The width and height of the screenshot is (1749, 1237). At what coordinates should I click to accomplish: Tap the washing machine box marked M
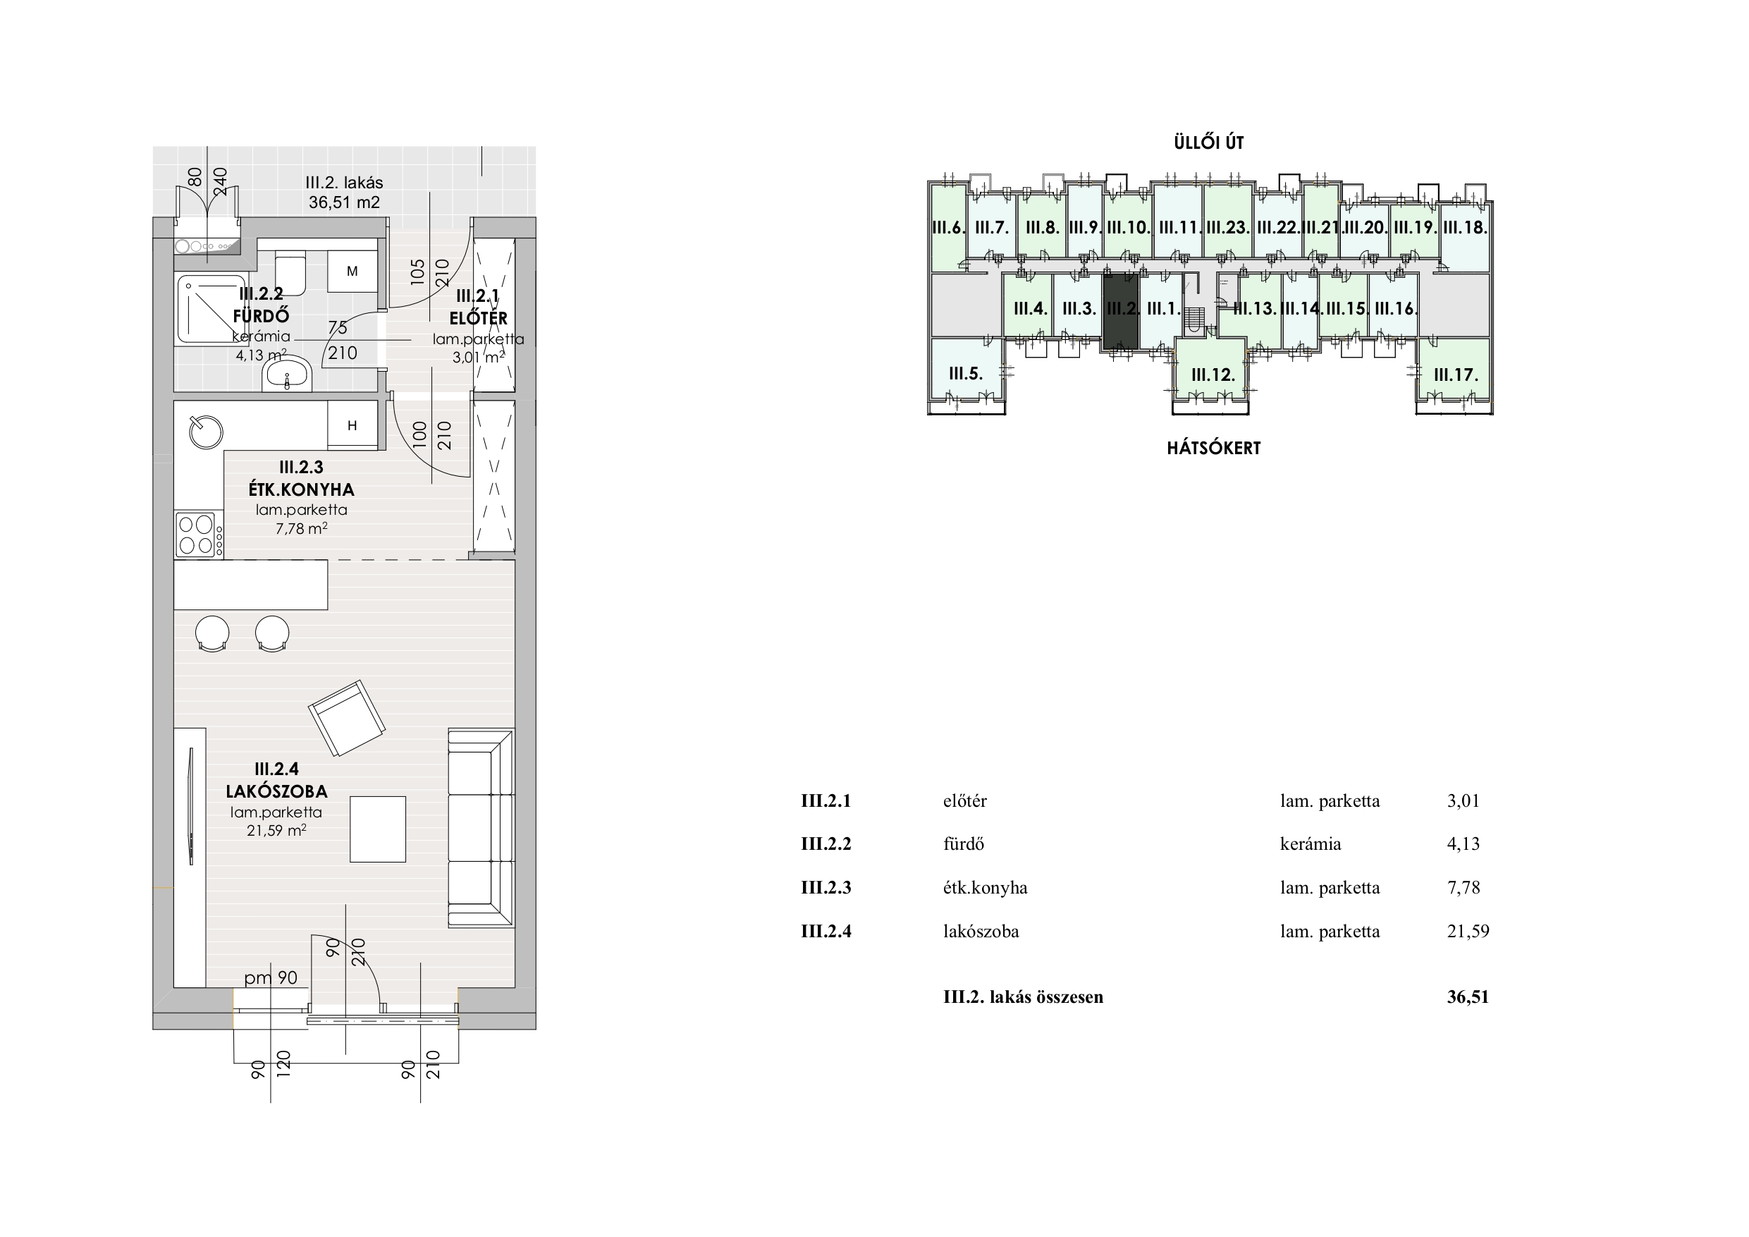click(x=352, y=271)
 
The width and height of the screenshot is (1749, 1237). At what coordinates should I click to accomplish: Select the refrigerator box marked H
click(x=352, y=425)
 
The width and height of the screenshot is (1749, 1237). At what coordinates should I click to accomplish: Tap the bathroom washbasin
click(x=287, y=374)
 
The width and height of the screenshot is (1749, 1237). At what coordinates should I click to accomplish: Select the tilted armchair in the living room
click(x=347, y=718)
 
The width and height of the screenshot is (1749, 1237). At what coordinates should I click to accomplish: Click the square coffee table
click(x=378, y=829)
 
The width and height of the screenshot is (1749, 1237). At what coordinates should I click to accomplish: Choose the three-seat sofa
click(x=481, y=828)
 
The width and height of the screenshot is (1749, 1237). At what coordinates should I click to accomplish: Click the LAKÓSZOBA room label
click(x=276, y=791)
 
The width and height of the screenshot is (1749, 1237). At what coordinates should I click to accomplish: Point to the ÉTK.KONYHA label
click(x=301, y=489)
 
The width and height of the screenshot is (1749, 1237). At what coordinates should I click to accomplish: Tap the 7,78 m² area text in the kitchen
click(x=302, y=528)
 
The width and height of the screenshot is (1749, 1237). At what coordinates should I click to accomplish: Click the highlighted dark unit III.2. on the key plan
click(x=1121, y=311)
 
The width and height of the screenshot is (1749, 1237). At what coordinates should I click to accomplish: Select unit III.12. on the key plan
click(x=1212, y=375)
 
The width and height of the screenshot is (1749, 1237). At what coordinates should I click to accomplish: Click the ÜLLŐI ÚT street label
click(x=1209, y=142)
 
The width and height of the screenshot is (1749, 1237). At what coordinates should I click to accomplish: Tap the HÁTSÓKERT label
click(x=1213, y=448)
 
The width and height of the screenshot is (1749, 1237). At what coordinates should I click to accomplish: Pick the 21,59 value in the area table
click(x=1468, y=932)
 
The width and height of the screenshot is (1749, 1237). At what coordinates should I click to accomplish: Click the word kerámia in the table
click(x=1311, y=843)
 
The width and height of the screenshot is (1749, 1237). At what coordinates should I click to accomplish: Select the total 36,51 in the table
click(x=1468, y=997)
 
